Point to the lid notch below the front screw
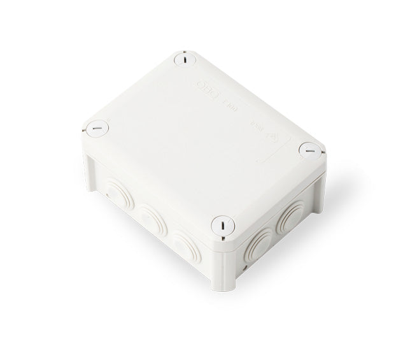222,240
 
